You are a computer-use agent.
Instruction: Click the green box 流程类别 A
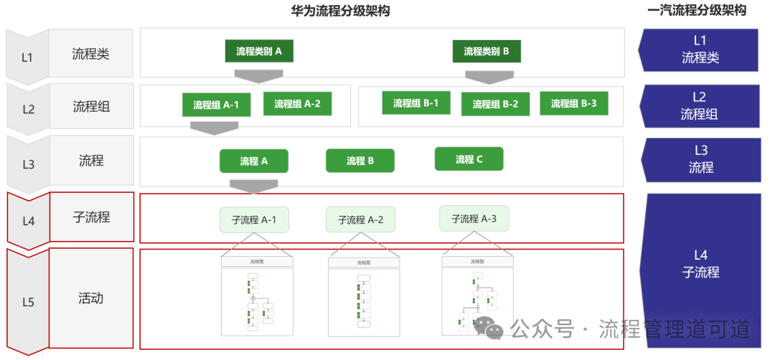(258, 51)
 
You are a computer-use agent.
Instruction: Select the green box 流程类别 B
(487, 51)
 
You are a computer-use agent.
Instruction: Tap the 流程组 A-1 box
(215, 105)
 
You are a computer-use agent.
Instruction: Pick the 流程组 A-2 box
(297, 103)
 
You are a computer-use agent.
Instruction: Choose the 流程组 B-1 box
(415, 103)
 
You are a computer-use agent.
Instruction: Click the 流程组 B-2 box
(495, 104)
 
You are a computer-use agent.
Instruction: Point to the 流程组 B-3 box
(573, 103)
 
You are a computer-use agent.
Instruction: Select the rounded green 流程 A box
(253, 161)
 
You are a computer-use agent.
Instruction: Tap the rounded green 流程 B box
(360, 161)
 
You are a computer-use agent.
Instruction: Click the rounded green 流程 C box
(469, 159)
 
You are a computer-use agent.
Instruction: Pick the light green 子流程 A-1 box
(254, 220)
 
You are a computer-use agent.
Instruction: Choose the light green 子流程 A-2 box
(360, 220)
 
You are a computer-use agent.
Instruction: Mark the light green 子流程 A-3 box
(474, 219)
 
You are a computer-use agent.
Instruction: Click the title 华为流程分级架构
(334, 11)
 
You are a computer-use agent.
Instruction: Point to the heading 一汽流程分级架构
(696, 11)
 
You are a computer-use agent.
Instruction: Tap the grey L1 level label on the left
(27, 57)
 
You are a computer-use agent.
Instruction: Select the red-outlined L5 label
(28, 302)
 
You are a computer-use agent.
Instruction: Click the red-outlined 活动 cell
(91, 298)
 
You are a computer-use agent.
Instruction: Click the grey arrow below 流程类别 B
(489, 76)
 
